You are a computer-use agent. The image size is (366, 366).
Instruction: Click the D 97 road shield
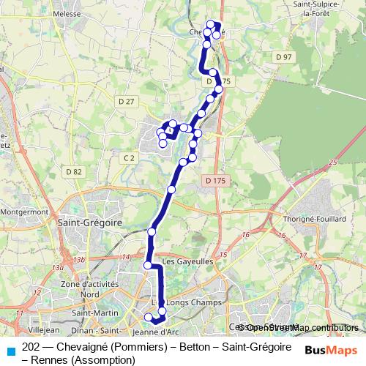pyautogui.click(x=285, y=57)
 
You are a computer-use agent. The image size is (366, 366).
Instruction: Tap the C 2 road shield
pyautogui.click(x=130, y=157)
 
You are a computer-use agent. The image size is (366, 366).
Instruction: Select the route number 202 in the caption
pyautogui.click(x=31, y=346)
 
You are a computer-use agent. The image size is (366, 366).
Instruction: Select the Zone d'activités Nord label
pyautogui.click(x=81, y=288)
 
